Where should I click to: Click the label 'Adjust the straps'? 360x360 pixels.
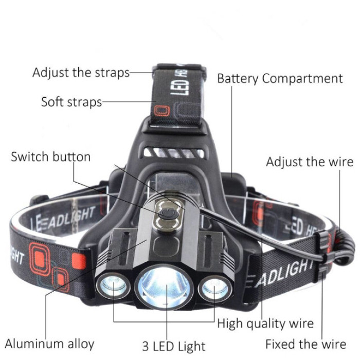pos(81,73)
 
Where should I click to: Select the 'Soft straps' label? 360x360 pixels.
pos(71,102)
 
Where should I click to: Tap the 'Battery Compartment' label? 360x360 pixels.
pos(280,79)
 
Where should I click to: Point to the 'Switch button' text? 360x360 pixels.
pos(51,157)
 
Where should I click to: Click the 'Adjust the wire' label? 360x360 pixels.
pos(310,162)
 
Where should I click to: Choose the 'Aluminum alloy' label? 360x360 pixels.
pos(49,344)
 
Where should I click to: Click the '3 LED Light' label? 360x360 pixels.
pos(174,346)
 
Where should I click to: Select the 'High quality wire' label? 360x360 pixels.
pos(265,323)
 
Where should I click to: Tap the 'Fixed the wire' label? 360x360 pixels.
pos(306,344)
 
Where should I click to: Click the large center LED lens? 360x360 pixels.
pos(164,287)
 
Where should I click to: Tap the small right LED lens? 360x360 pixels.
pos(214,289)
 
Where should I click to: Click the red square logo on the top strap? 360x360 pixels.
pos(162,111)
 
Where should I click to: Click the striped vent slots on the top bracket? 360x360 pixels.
pos(174,153)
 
